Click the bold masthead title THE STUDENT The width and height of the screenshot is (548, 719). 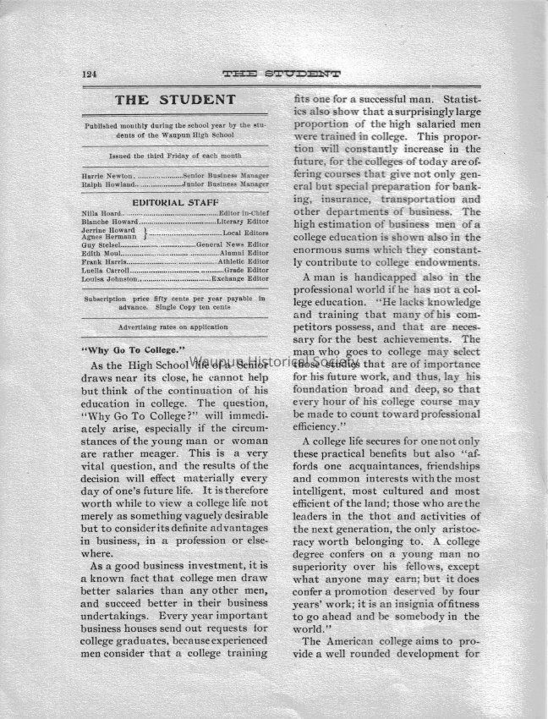[x=175, y=101]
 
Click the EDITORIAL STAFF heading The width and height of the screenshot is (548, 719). [x=175, y=200]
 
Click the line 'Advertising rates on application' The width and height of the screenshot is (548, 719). [x=175, y=326]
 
